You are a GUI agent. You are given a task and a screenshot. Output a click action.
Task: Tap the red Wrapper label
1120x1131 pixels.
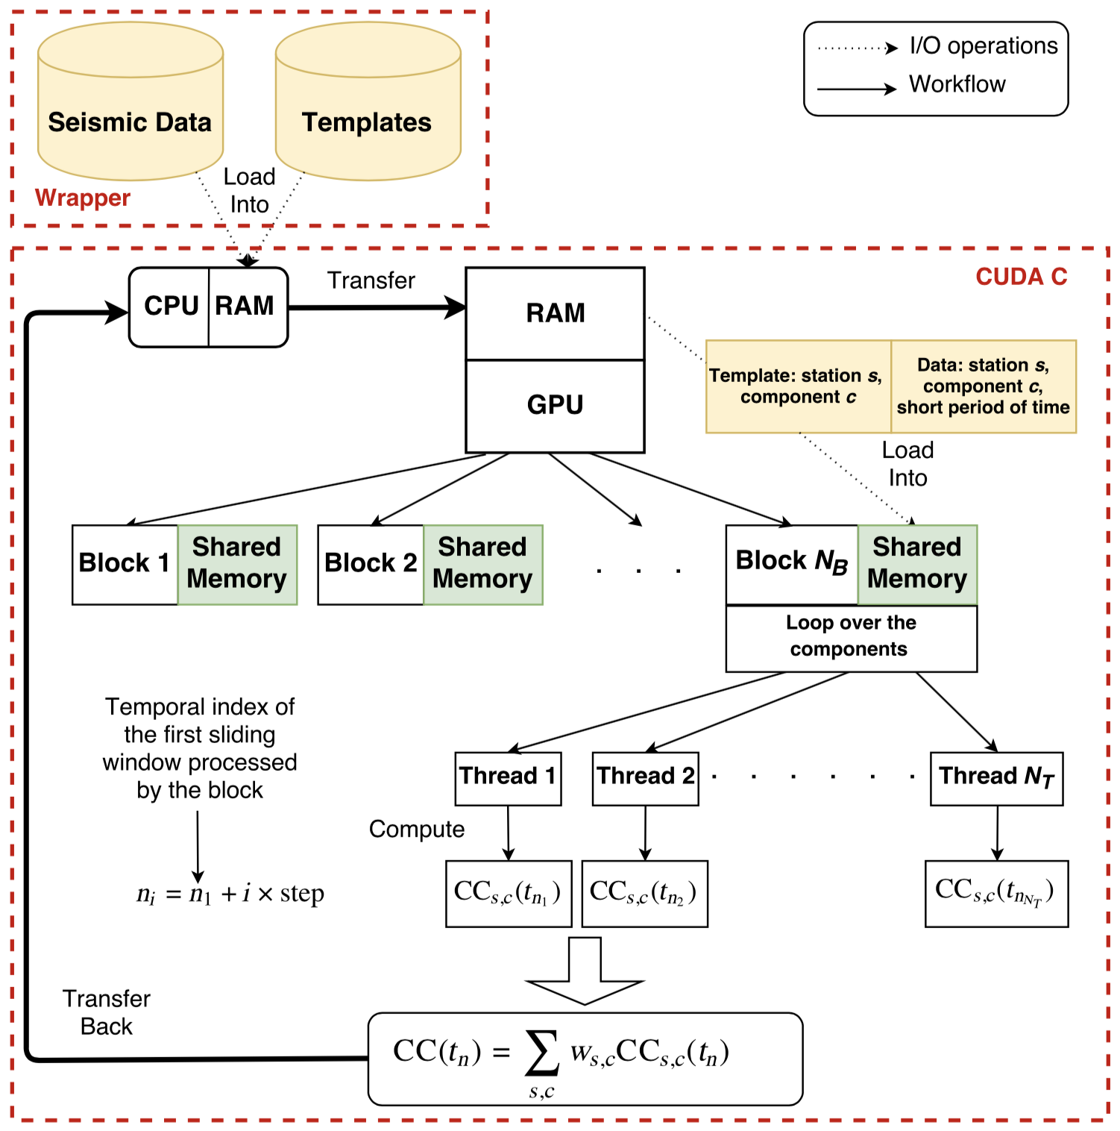click(x=83, y=198)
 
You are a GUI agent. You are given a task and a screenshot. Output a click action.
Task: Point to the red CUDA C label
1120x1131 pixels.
click(x=1021, y=277)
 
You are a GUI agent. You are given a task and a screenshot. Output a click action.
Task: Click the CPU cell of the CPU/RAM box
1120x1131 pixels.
click(x=170, y=307)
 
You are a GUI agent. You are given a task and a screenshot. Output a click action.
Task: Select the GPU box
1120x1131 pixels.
click(x=555, y=406)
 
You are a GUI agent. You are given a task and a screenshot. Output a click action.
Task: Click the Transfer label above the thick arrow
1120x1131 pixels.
click(x=371, y=281)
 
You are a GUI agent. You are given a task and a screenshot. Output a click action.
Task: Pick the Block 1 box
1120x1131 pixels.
click(x=125, y=563)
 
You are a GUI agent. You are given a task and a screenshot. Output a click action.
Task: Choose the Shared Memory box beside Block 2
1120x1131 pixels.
click(x=482, y=564)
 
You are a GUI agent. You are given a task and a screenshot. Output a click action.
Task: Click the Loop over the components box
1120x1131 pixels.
click(x=850, y=636)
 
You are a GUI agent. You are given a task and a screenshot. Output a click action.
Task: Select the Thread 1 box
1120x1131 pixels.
click(x=508, y=777)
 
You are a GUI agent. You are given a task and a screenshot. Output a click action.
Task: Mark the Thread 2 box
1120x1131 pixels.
click(x=645, y=777)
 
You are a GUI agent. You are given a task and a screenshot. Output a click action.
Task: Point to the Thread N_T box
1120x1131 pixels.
click(x=996, y=777)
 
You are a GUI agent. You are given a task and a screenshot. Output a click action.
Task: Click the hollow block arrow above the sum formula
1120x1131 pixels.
click(x=585, y=971)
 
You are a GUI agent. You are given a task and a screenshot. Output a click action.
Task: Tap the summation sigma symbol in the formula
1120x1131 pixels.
click(x=542, y=1052)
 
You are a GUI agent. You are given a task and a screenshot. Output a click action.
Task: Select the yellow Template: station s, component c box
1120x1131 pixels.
click(x=797, y=386)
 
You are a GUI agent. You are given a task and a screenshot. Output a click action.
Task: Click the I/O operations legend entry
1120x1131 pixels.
click(x=983, y=46)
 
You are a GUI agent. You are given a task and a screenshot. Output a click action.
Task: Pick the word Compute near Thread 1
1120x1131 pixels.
click(x=417, y=830)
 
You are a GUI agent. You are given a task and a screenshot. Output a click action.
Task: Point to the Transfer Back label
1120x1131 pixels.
click(x=107, y=1012)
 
